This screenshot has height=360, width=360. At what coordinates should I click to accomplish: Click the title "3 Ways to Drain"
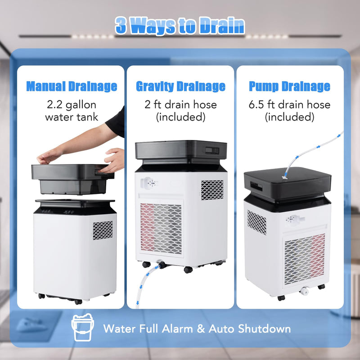180,26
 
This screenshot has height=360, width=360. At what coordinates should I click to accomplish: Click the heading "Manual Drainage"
72,86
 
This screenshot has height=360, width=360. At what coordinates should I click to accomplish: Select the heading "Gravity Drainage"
180,86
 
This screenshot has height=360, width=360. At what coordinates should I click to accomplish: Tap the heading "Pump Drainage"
289,86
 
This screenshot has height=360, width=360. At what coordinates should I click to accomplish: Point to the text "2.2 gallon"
72,105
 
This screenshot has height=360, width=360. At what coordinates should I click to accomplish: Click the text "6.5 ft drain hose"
289,105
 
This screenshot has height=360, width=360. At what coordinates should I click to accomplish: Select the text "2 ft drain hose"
180,105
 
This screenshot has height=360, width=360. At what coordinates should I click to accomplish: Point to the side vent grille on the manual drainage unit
103,230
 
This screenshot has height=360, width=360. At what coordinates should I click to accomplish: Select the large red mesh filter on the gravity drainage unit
161,228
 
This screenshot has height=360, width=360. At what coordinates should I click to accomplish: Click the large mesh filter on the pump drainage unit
304,259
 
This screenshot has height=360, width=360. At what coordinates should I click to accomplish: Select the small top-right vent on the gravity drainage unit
212,190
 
